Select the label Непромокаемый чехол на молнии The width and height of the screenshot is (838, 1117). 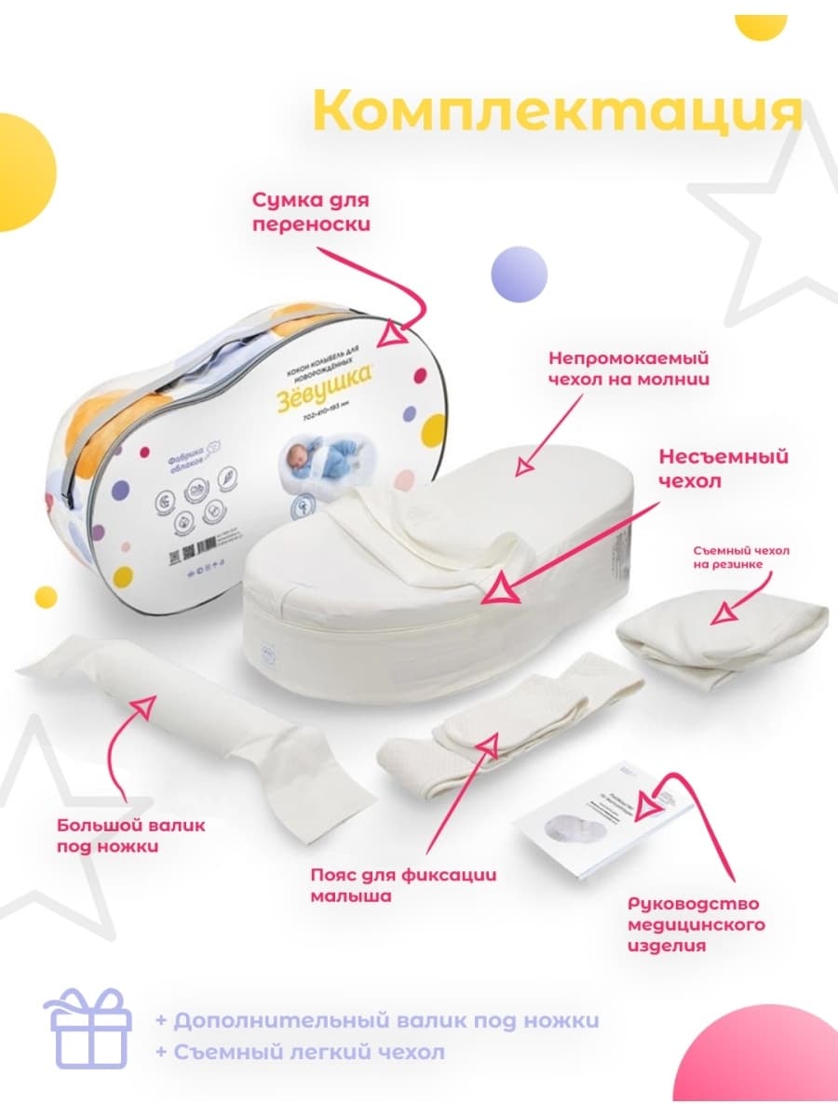(x=628, y=368)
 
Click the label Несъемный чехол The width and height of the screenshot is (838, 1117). (x=723, y=470)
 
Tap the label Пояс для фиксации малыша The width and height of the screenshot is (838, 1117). (x=403, y=885)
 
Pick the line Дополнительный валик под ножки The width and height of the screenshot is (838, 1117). (x=377, y=1020)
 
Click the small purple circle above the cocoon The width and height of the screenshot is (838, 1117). (x=519, y=275)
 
